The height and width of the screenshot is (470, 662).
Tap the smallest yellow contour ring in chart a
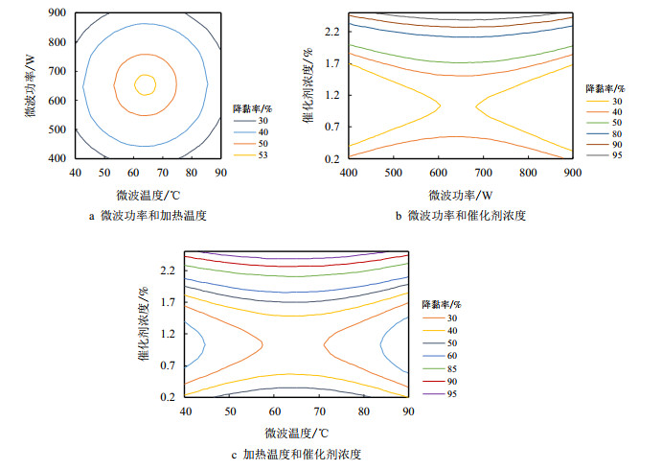[146, 84]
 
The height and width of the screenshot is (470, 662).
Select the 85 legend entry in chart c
[450, 367]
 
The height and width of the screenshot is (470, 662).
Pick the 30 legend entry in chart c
[450, 318]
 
